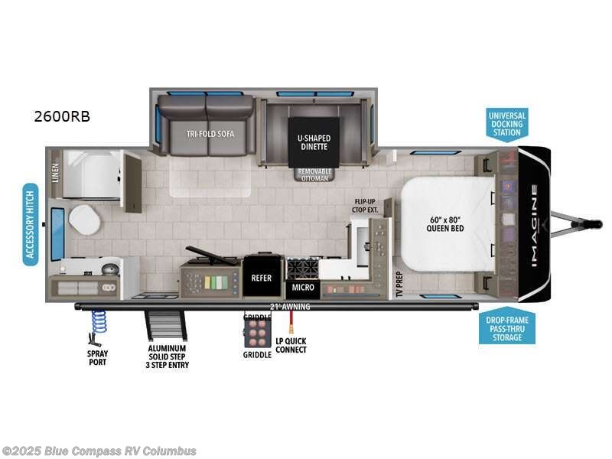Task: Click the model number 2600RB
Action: coord(62,116)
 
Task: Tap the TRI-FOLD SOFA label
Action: coord(210,134)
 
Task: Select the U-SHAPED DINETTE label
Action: coord(314,143)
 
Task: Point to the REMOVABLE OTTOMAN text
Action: coord(314,174)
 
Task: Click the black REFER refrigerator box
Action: coord(262,278)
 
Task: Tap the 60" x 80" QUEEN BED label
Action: coord(445,223)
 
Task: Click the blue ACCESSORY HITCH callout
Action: coord(31,223)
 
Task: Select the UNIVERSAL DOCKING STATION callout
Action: coord(507,124)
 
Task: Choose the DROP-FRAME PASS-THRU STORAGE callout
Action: coord(507,328)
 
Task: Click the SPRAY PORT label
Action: coord(96,357)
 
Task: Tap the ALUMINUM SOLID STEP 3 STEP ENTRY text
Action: coord(168,356)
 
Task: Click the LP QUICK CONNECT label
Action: coord(291,345)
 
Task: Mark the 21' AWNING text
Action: coord(288,307)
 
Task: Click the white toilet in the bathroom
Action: coord(83,220)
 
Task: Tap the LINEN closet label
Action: coord(55,173)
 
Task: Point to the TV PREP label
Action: coord(399,284)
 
